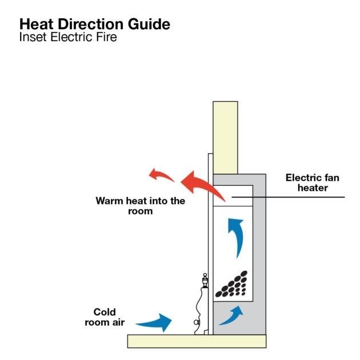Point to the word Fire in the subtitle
107,39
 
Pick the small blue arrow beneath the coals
230,313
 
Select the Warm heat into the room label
141,206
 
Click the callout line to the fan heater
303,197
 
